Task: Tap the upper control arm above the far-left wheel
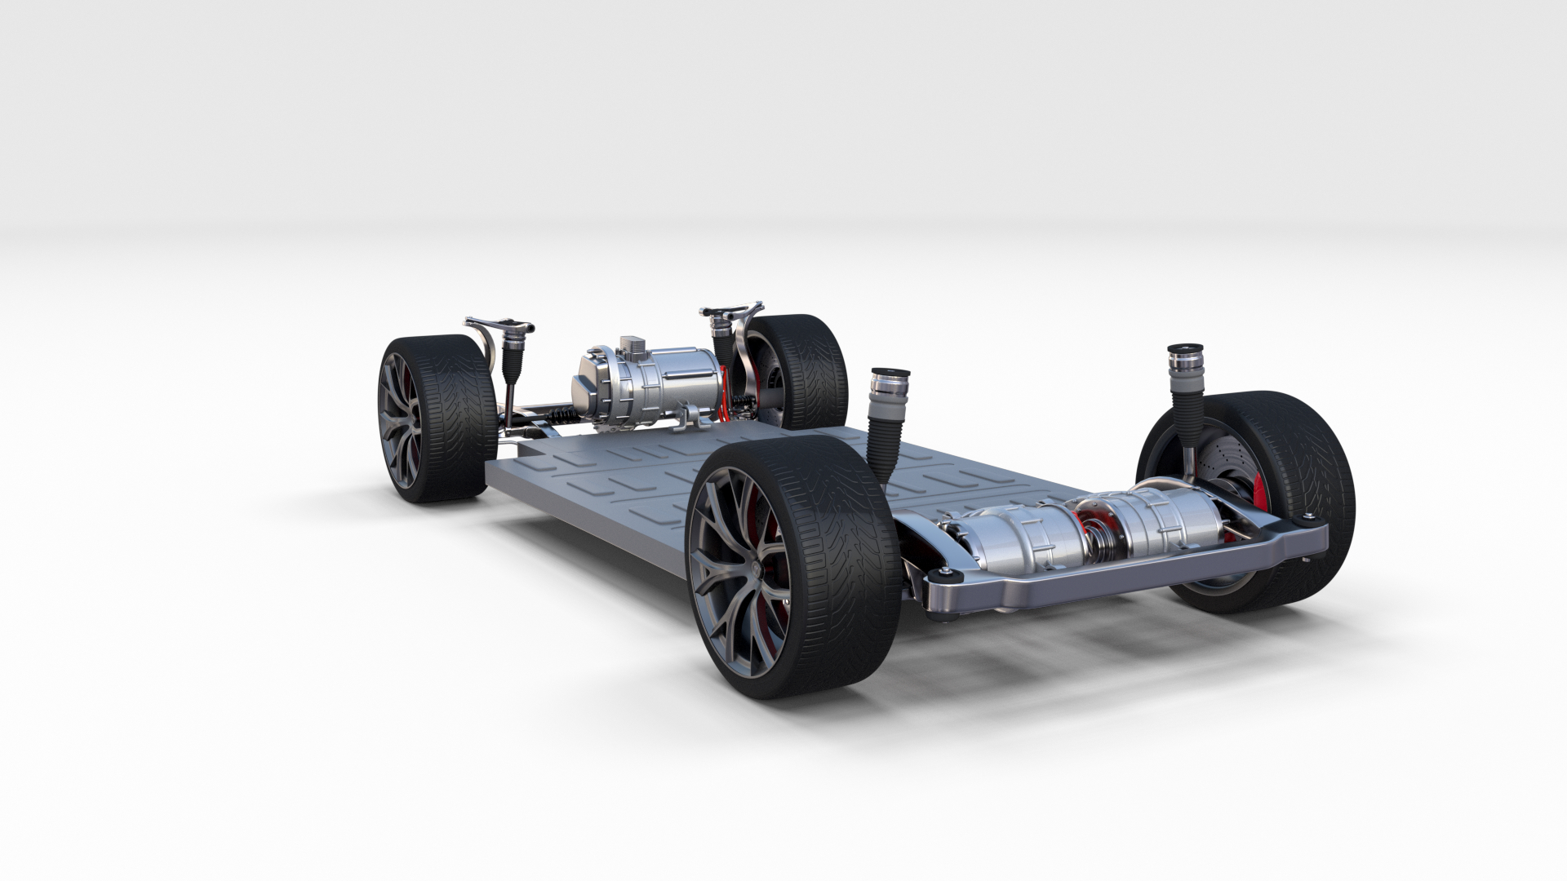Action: pos(498,325)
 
